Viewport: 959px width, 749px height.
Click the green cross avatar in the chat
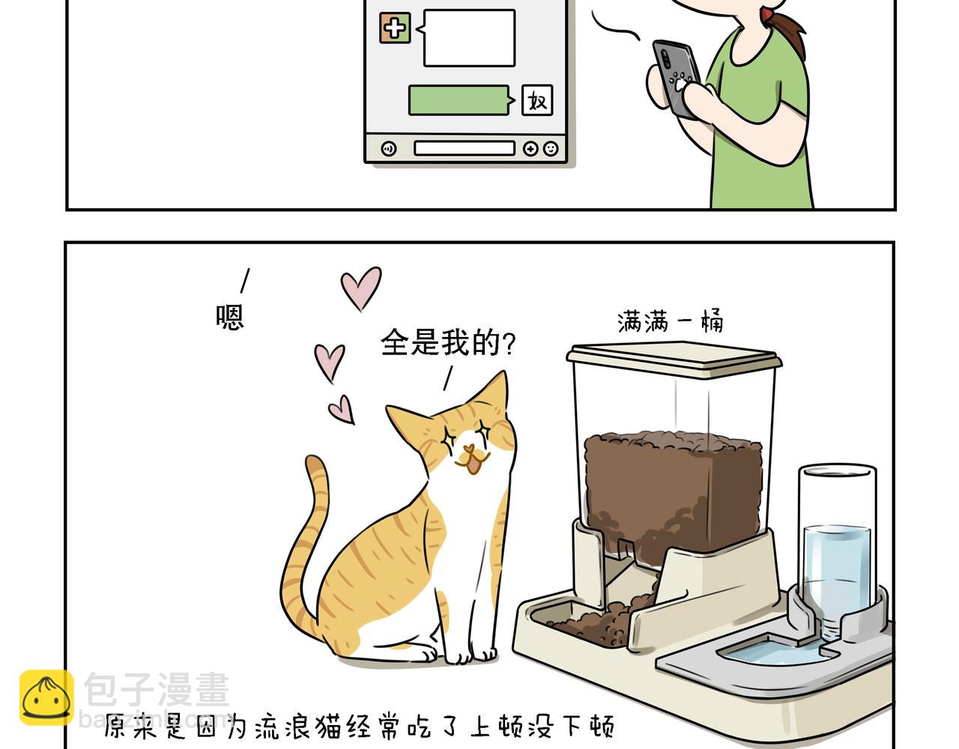point(395,28)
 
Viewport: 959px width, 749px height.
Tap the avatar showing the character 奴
point(537,100)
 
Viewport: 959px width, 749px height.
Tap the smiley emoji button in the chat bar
point(551,148)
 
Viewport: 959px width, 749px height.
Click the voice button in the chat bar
point(388,148)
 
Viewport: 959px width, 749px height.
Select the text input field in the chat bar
point(465,148)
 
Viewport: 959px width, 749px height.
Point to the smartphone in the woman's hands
point(676,79)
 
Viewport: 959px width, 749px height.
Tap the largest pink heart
point(361,287)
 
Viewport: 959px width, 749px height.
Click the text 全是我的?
point(448,342)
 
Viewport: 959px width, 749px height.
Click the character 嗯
point(229,317)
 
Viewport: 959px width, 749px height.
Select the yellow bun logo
point(46,697)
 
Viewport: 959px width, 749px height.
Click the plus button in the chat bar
point(530,148)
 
